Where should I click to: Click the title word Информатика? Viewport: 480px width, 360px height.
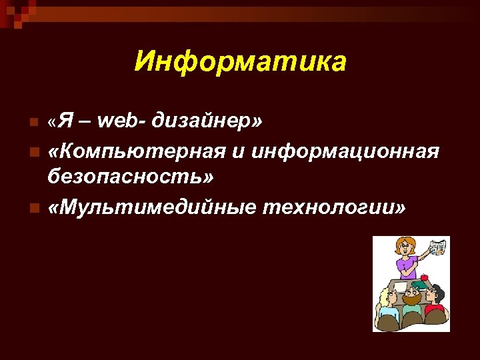pyautogui.click(x=240, y=62)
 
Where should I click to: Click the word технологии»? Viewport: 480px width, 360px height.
pyautogui.click(x=334, y=207)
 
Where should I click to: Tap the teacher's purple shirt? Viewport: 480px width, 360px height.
pyautogui.click(x=407, y=267)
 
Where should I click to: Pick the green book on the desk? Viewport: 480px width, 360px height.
pyautogui.click(x=419, y=285)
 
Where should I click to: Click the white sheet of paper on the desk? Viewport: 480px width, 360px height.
pyautogui.click(x=400, y=285)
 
